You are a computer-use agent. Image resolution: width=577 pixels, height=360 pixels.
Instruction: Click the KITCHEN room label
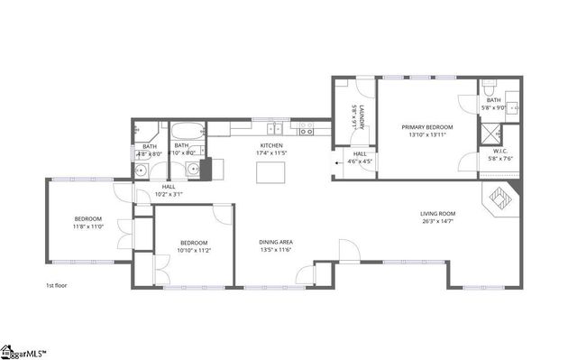(271, 145)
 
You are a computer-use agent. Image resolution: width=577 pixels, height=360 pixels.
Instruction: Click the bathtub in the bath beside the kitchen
(188, 129)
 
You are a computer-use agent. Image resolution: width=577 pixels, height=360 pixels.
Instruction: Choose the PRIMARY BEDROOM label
(427, 127)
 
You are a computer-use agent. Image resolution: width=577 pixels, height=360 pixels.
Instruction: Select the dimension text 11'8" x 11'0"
(88, 227)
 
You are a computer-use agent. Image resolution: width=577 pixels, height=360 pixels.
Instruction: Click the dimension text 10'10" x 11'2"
(194, 250)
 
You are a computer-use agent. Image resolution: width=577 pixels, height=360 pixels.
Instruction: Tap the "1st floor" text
(57, 285)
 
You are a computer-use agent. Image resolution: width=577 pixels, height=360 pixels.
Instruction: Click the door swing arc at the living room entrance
(347, 249)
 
